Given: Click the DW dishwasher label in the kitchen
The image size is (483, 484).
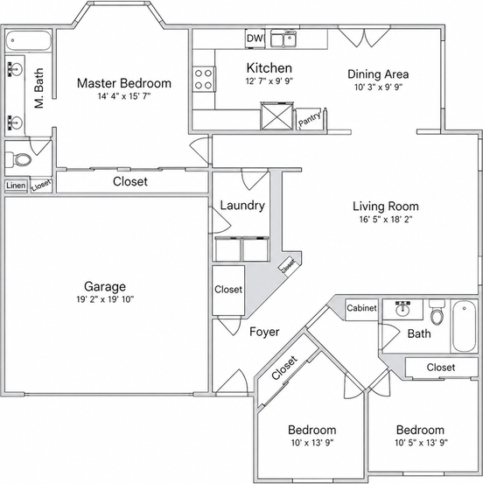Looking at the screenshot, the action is point(255,39).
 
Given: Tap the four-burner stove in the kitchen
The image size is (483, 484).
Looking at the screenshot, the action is point(204,79).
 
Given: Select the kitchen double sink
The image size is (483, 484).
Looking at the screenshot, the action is point(283,39).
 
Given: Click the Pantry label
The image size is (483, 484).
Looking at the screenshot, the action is point(310,119).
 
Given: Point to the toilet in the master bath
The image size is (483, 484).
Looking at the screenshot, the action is point(18,159).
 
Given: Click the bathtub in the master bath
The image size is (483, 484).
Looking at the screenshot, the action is point(28,40).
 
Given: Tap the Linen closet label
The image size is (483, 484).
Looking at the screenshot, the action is point(16,186).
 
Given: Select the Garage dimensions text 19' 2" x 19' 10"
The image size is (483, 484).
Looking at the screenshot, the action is point(105,299).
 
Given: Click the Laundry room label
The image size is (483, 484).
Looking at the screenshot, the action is point(242,206).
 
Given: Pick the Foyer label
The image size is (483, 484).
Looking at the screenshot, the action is point(264,332).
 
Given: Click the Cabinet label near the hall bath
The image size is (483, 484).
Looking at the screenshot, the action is point(361,308).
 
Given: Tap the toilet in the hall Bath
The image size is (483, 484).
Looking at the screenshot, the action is point(437,312).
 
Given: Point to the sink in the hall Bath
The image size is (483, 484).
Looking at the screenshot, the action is point(402,309).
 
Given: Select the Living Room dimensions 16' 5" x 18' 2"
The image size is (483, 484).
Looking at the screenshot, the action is point(386,220).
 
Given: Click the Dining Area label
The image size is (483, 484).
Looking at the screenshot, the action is point(378,74).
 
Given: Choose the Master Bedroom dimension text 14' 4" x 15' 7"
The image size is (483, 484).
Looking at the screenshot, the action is point(124,96).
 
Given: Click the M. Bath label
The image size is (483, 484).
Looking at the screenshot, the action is point(39,88).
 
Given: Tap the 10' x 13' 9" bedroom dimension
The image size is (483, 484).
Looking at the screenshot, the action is point(312,443).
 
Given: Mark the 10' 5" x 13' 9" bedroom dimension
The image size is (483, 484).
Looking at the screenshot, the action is point(421,443).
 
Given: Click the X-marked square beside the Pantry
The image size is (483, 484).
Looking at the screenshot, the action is point(276,116).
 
